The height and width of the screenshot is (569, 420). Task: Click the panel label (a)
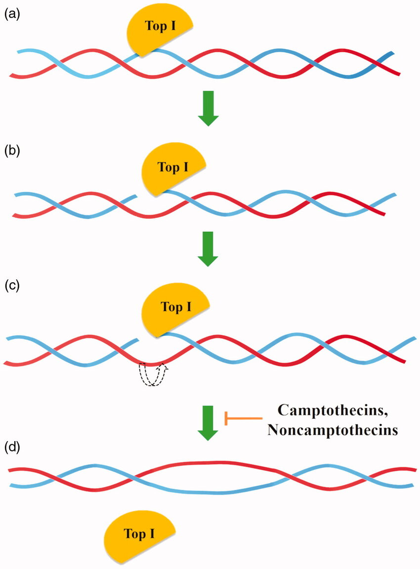[x=11, y=15]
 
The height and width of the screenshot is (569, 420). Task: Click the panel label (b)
[x=11, y=151]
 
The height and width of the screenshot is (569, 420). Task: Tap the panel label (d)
[x=11, y=450]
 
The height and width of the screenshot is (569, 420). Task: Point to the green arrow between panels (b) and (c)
[x=208, y=248]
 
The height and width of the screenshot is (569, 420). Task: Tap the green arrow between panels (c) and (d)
[x=208, y=422]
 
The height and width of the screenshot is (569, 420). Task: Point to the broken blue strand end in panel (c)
[x=135, y=341]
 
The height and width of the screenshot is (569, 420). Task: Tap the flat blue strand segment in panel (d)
[x=208, y=492]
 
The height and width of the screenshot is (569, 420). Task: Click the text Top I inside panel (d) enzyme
[x=141, y=534]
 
